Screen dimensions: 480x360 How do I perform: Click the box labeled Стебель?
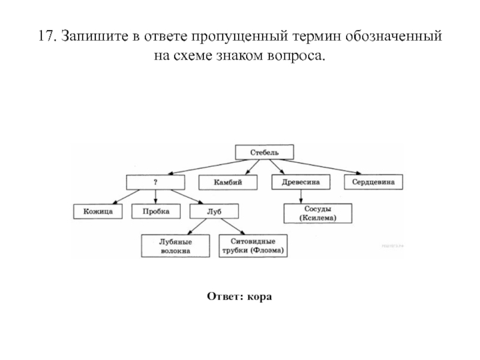265,152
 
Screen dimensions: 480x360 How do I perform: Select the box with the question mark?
155,182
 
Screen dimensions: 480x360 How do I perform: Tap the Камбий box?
228,182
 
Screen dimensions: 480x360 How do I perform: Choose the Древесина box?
301,182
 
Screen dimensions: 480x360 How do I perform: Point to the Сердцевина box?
373,182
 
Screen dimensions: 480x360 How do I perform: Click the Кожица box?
98,212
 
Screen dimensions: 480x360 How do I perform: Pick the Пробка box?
156,211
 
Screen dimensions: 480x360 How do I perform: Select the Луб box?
214,211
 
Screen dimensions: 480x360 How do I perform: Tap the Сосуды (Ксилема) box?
318,214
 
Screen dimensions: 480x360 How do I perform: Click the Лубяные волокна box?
175,246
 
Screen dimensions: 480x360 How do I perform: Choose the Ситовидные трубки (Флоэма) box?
253,246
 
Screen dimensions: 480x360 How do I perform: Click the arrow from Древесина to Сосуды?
301,197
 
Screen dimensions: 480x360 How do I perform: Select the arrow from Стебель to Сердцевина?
320,167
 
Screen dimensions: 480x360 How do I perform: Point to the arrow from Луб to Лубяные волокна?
197,227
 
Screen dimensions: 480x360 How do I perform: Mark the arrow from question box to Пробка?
155,197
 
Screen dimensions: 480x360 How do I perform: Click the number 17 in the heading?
47,36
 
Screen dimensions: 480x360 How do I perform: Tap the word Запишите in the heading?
95,36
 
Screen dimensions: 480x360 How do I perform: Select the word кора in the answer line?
259,296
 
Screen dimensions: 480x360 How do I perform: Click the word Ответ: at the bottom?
225,296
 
